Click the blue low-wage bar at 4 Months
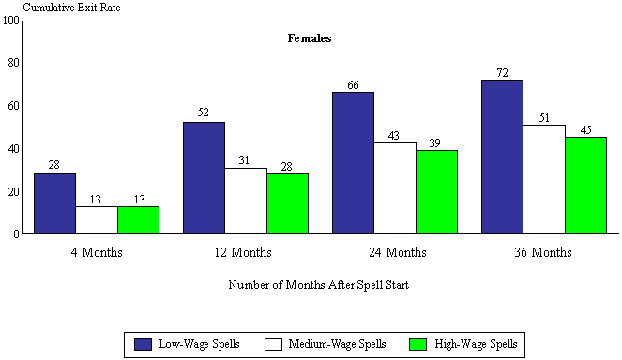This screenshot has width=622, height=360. (54, 203)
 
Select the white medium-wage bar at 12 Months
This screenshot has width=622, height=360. (245, 201)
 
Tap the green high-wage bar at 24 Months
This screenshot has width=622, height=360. (436, 192)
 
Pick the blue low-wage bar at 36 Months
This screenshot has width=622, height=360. (502, 157)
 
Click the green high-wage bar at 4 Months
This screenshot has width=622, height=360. (138, 219)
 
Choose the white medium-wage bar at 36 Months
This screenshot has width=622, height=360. (543, 179)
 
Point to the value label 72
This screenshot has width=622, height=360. (502, 72)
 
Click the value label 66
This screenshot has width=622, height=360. (353, 84)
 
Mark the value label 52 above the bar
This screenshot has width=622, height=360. (204, 113)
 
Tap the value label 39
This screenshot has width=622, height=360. (436, 142)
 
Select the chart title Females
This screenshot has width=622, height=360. (310, 39)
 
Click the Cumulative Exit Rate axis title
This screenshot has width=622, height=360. (63, 7)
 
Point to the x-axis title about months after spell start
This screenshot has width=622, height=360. (319, 284)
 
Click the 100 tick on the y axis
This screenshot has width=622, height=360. (11, 20)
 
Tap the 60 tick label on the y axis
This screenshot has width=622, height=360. (13, 106)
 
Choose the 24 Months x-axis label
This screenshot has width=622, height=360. (394, 252)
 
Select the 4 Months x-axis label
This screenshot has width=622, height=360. (96, 252)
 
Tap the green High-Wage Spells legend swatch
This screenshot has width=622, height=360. (418, 344)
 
